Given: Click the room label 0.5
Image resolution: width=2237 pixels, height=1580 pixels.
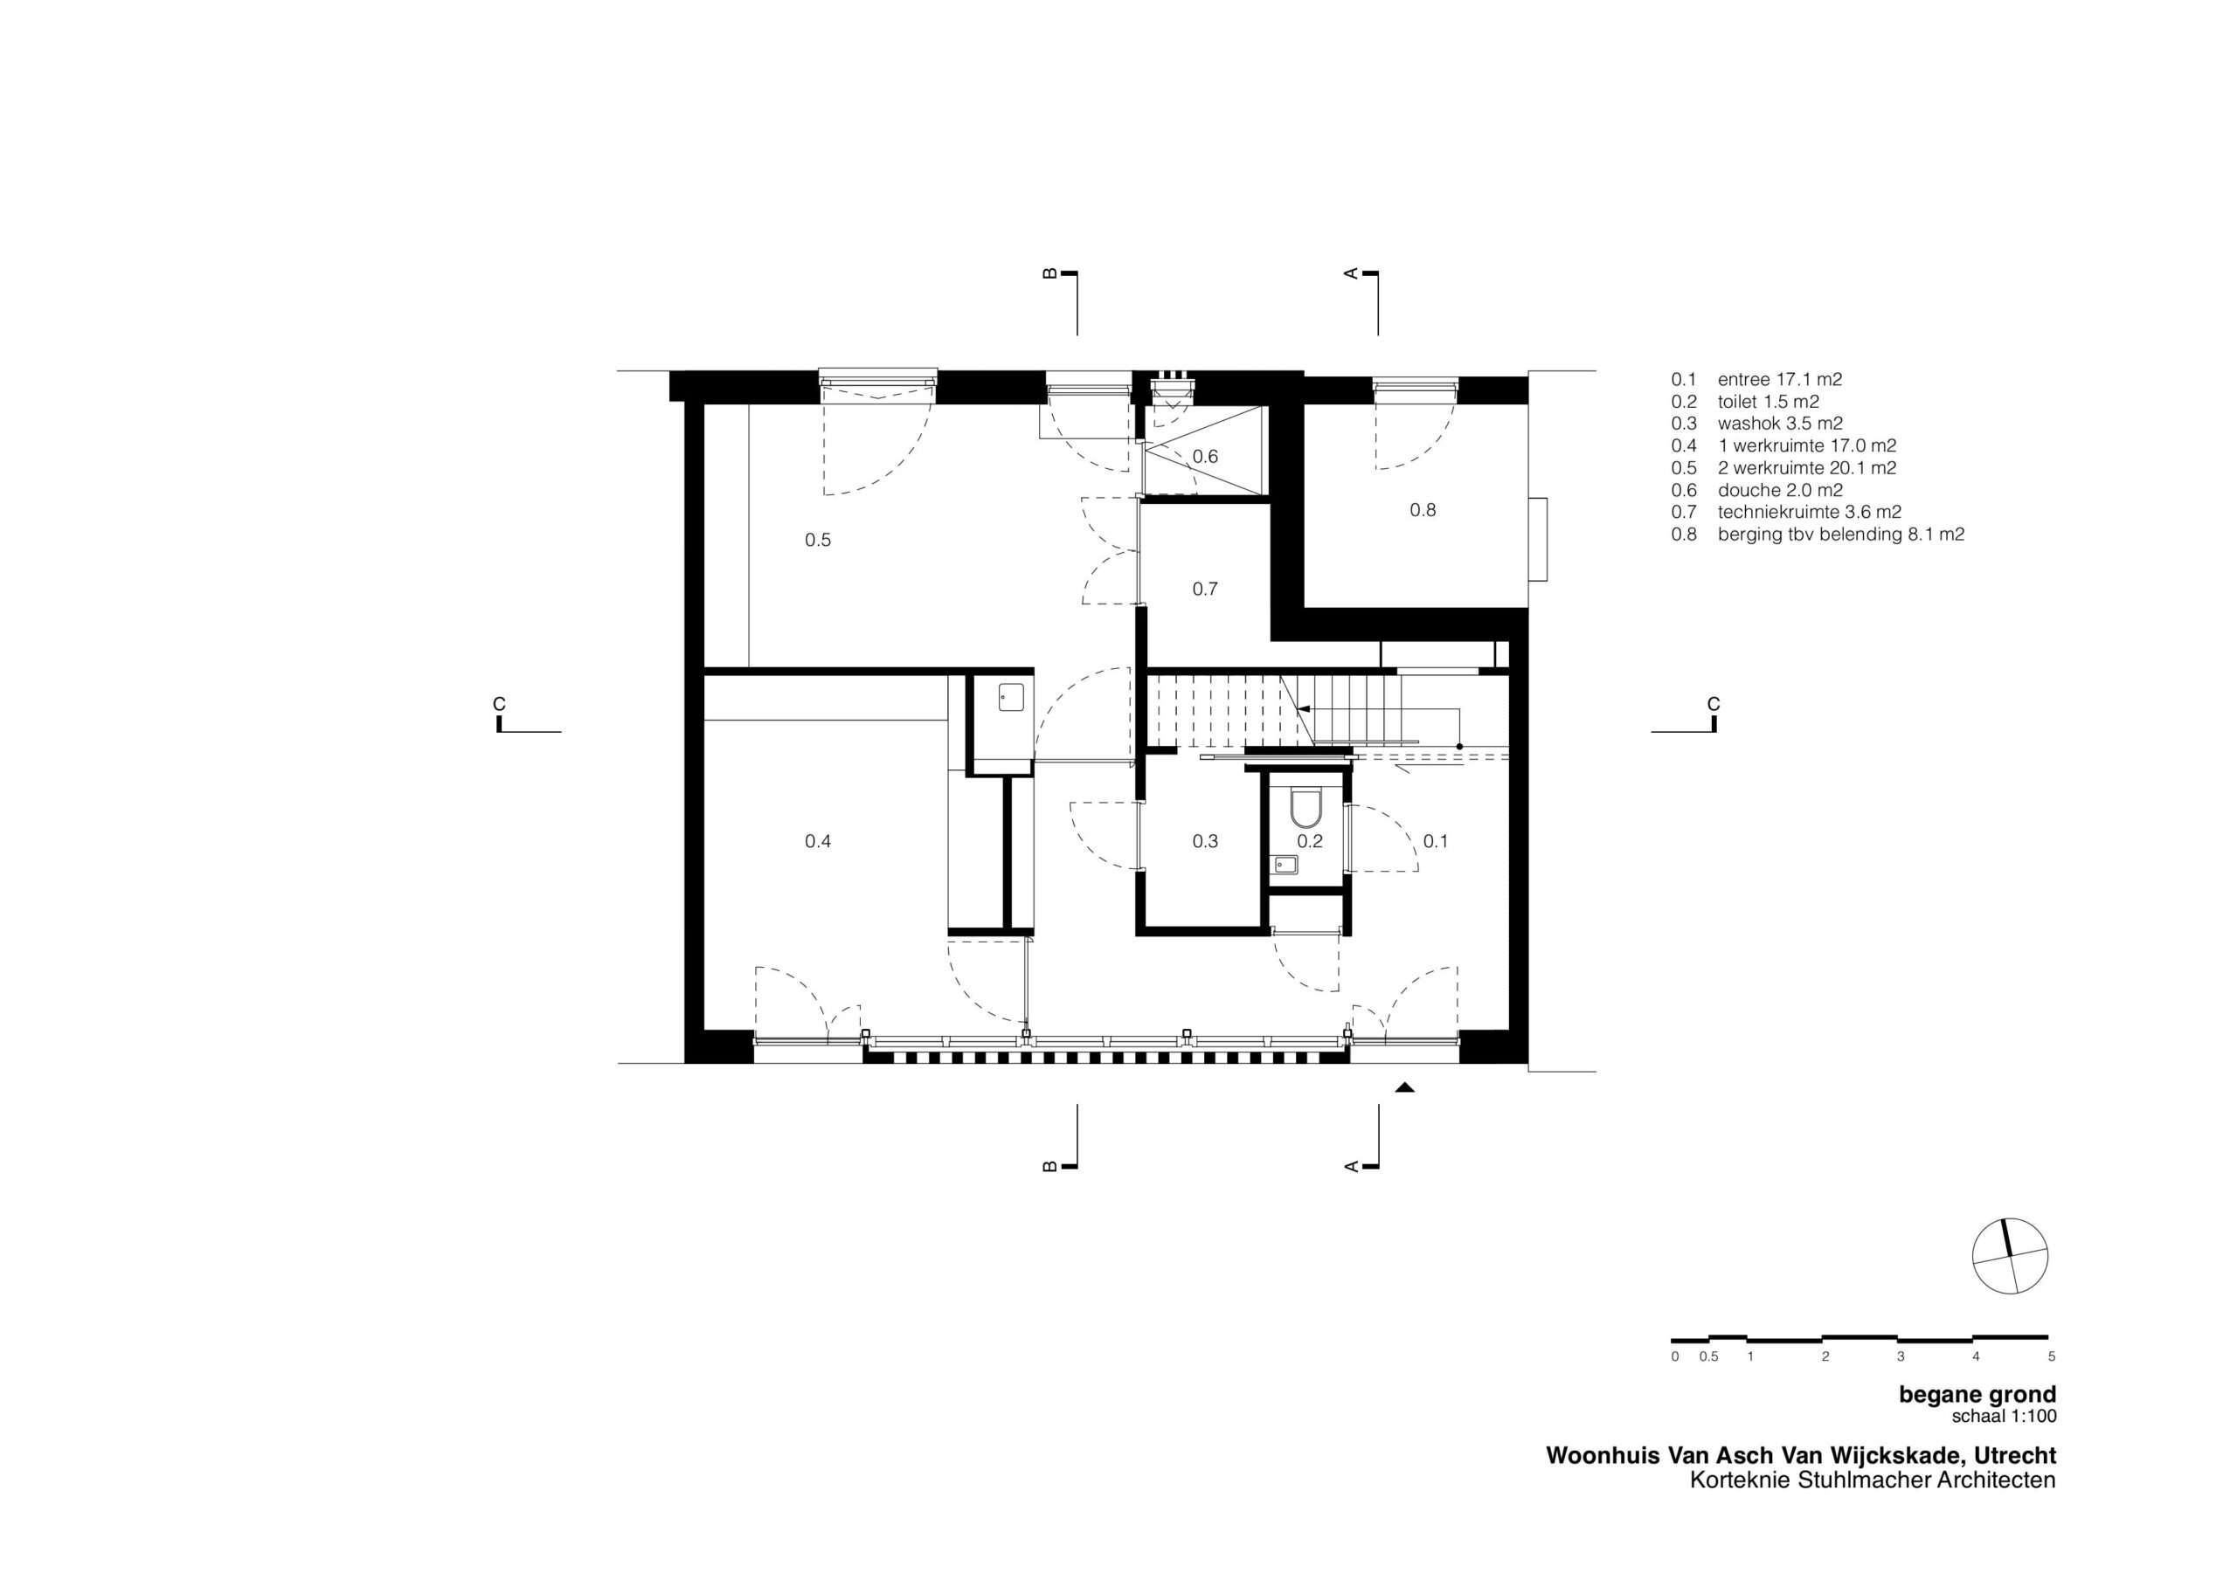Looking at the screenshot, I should (x=817, y=540).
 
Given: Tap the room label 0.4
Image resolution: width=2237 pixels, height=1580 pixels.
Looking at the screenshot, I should (x=817, y=840).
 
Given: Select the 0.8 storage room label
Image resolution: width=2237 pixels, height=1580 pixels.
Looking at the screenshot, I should (x=1423, y=509).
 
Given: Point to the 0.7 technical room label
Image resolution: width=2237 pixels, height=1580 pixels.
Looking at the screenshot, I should (x=1205, y=589).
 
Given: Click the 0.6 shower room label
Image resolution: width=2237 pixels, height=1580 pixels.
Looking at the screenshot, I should (x=1205, y=456).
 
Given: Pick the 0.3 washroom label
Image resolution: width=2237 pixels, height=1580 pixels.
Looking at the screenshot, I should (x=1205, y=840).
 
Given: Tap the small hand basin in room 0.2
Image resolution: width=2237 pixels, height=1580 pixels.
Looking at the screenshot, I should (x=1285, y=863).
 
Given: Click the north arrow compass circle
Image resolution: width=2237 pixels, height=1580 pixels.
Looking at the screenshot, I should (x=2010, y=1257).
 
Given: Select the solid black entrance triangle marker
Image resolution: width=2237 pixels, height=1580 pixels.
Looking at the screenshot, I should (x=1404, y=1088).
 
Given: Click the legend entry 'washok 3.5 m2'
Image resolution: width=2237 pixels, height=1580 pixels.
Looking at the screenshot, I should (x=1780, y=423).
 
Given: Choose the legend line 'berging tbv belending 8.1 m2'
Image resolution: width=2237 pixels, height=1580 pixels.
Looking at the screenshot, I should (x=1840, y=534).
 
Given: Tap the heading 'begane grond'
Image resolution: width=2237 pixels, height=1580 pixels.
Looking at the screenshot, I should (x=1977, y=1394).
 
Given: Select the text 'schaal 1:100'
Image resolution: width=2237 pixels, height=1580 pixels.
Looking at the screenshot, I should (x=2005, y=1416).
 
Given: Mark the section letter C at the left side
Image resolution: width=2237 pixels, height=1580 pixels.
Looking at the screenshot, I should (x=499, y=704).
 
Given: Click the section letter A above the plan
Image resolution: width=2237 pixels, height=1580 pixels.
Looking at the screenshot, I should (x=1351, y=273).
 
